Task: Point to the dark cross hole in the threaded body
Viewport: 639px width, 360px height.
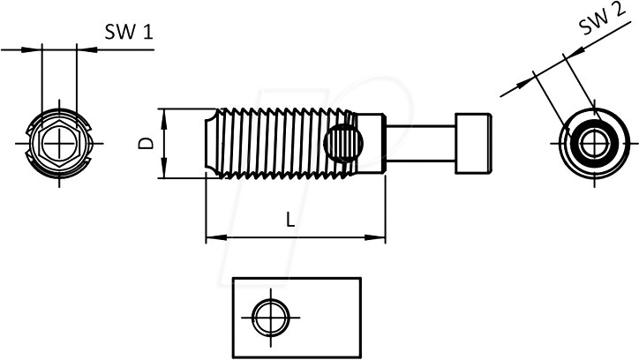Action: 344,142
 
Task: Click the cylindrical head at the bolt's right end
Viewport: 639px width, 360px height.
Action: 473,142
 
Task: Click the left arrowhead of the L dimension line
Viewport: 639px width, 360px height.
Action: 210,236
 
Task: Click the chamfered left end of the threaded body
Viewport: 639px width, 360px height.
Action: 212,142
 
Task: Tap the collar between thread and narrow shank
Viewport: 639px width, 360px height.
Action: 375,142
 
